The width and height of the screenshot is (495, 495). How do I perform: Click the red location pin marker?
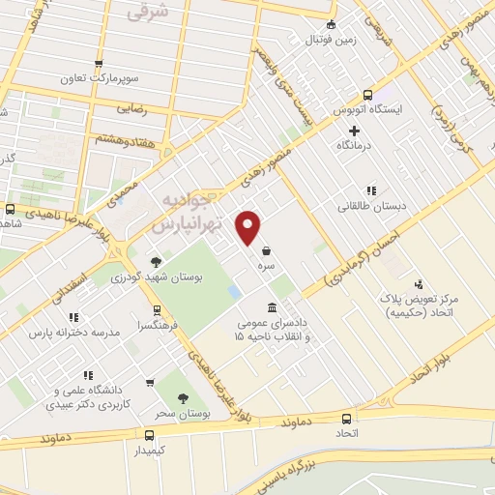coord(249,227)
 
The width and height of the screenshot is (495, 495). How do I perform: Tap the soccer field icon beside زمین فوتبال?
coord(332,25)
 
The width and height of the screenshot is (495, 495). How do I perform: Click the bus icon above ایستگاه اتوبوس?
coord(367,95)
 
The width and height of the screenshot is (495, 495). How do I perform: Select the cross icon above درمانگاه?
coord(355,130)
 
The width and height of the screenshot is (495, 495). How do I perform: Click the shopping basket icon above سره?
coord(265,250)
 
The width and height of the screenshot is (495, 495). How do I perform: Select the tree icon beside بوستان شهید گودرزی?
coord(157,261)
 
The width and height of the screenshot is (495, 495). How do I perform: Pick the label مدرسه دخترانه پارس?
coord(73,333)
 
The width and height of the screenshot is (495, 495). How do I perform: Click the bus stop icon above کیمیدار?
coord(149,435)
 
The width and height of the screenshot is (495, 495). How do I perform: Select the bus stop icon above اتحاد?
coord(347,419)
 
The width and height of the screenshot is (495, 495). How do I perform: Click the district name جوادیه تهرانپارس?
coord(189,213)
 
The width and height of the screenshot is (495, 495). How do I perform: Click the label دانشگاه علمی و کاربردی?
coord(91,397)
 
